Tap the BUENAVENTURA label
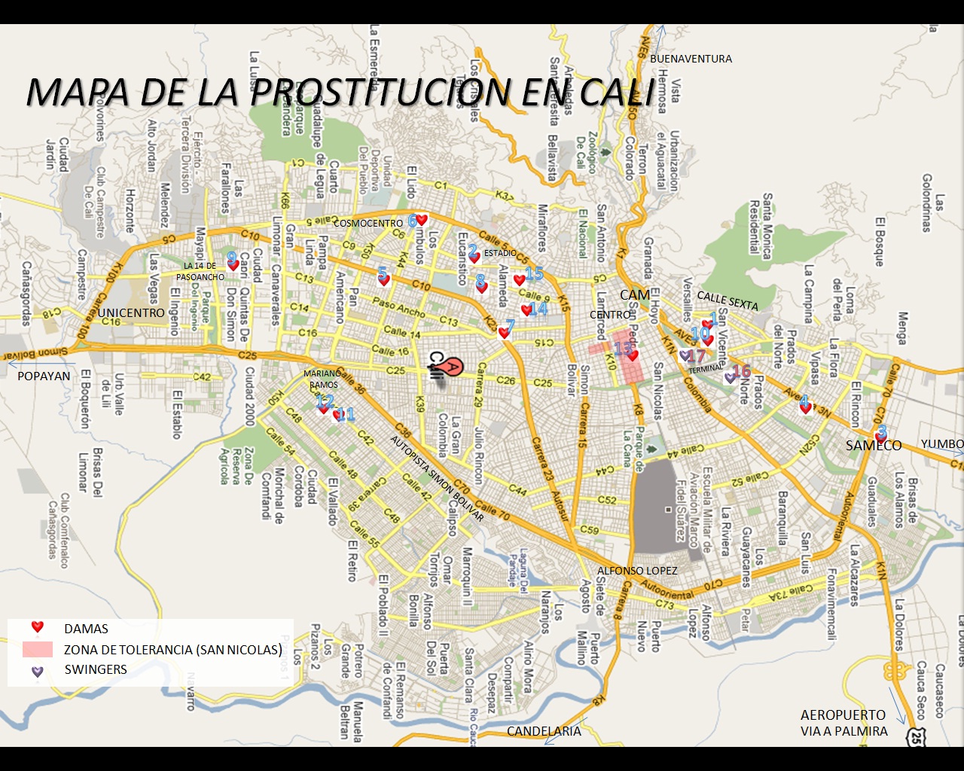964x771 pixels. (691, 59)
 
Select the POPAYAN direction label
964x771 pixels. (44, 376)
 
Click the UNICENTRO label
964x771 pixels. (131, 312)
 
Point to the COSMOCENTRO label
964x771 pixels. (368, 223)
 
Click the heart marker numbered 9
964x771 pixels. (233, 265)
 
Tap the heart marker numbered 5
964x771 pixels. (384, 279)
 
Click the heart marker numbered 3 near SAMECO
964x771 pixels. (880, 436)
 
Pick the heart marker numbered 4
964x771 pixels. (805, 407)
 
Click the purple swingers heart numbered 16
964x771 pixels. (730, 376)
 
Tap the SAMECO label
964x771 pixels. (873, 446)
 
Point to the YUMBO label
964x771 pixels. (941, 443)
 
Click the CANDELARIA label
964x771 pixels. (544, 731)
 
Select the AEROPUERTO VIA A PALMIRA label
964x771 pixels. (843, 723)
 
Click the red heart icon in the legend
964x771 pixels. (37, 627)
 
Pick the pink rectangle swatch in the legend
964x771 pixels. (37, 649)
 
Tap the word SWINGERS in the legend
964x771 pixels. (96, 669)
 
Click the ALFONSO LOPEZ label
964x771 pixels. (637, 571)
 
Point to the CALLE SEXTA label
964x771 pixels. (727, 300)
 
